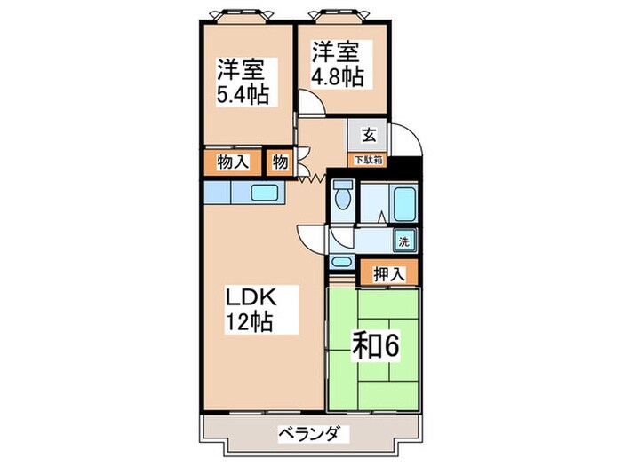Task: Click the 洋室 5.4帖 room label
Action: tap(243, 82)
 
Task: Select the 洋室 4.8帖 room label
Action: tap(336, 64)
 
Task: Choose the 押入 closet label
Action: tap(387, 272)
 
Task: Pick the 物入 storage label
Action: tap(232, 162)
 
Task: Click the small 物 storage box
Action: tap(279, 162)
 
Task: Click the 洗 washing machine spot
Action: tap(403, 240)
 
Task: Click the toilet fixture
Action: tap(343, 196)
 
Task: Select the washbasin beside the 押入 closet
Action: tap(341, 264)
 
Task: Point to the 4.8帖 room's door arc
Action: tap(310, 105)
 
